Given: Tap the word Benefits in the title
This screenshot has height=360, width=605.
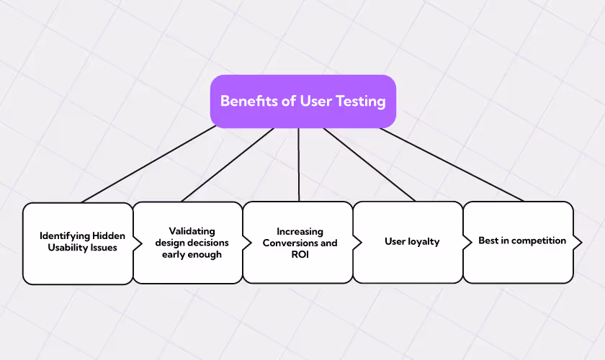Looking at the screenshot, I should pyautogui.click(x=249, y=101).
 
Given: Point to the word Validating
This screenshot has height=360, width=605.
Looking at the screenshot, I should pyautogui.click(x=192, y=231).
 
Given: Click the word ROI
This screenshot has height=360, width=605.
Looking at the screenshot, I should pyautogui.click(x=300, y=255).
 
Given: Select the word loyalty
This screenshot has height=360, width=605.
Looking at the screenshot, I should pyautogui.click(x=423, y=241).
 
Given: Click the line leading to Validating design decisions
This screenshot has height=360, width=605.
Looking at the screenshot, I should pyautogui.click(x=228, y=164).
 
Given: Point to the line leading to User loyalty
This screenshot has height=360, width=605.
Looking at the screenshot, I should pyautogui.click(x=369, y=164).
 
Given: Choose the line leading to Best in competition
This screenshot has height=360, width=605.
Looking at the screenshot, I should pyautogui.click(x=450, y=164).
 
